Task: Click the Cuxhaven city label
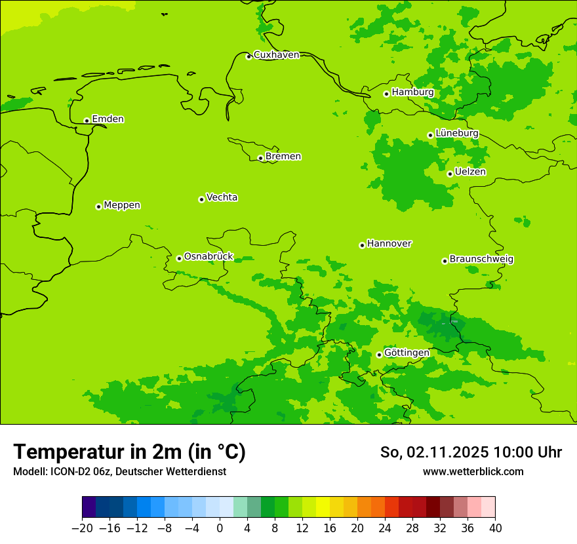coord(276,55)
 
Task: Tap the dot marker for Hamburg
coord(386,94)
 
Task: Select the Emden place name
coord(108,119)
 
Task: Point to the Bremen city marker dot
coord(260,158)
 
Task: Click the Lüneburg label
coord(456,133)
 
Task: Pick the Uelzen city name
coord(470,172)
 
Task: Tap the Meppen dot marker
coord(98,206)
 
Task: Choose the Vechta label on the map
coord(222,197)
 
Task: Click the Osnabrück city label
coord(209,256)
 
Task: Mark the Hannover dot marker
coord(362,245)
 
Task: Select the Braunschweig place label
coord(481,259)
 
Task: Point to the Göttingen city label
coord(407,353)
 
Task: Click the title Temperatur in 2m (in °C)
coord(129,452)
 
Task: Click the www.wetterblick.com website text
coord(473,471)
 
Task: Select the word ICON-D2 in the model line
coord(69,471)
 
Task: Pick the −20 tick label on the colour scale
coord(82,528)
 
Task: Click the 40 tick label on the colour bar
coord(495,528)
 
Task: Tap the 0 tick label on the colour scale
coord(220,528)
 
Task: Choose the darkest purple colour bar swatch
coord(89,507)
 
